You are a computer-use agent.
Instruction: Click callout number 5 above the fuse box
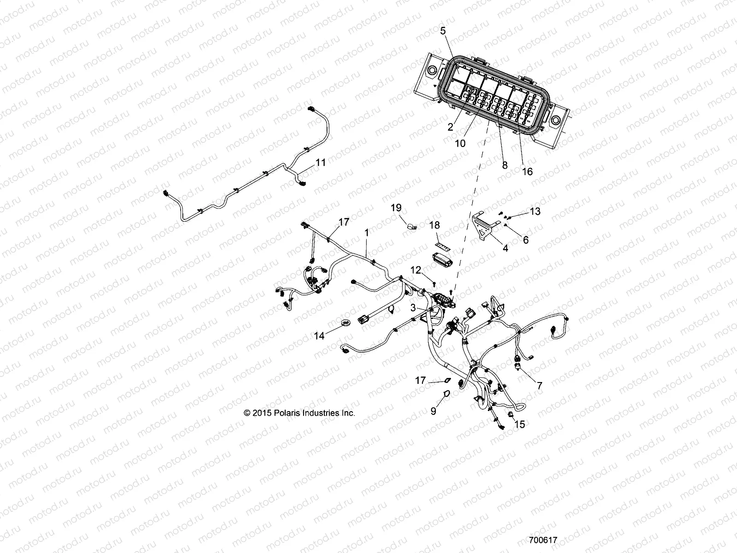(443, 31)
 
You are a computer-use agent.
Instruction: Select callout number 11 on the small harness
(320, 162)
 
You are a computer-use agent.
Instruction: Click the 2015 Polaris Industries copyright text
(299, 413)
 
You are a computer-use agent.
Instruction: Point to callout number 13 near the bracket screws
(535, 212)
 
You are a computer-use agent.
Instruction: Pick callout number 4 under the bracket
(505, 248)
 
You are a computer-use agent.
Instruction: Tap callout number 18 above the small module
(435, 225)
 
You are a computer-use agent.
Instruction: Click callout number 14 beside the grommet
(319, 336)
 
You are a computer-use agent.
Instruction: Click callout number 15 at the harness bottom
(519, 424)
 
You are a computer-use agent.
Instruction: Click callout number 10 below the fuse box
(460, 143)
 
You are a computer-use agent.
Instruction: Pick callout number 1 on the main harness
(367, 234)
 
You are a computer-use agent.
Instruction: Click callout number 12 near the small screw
(416, 270)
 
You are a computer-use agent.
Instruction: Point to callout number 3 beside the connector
(413, 307)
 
